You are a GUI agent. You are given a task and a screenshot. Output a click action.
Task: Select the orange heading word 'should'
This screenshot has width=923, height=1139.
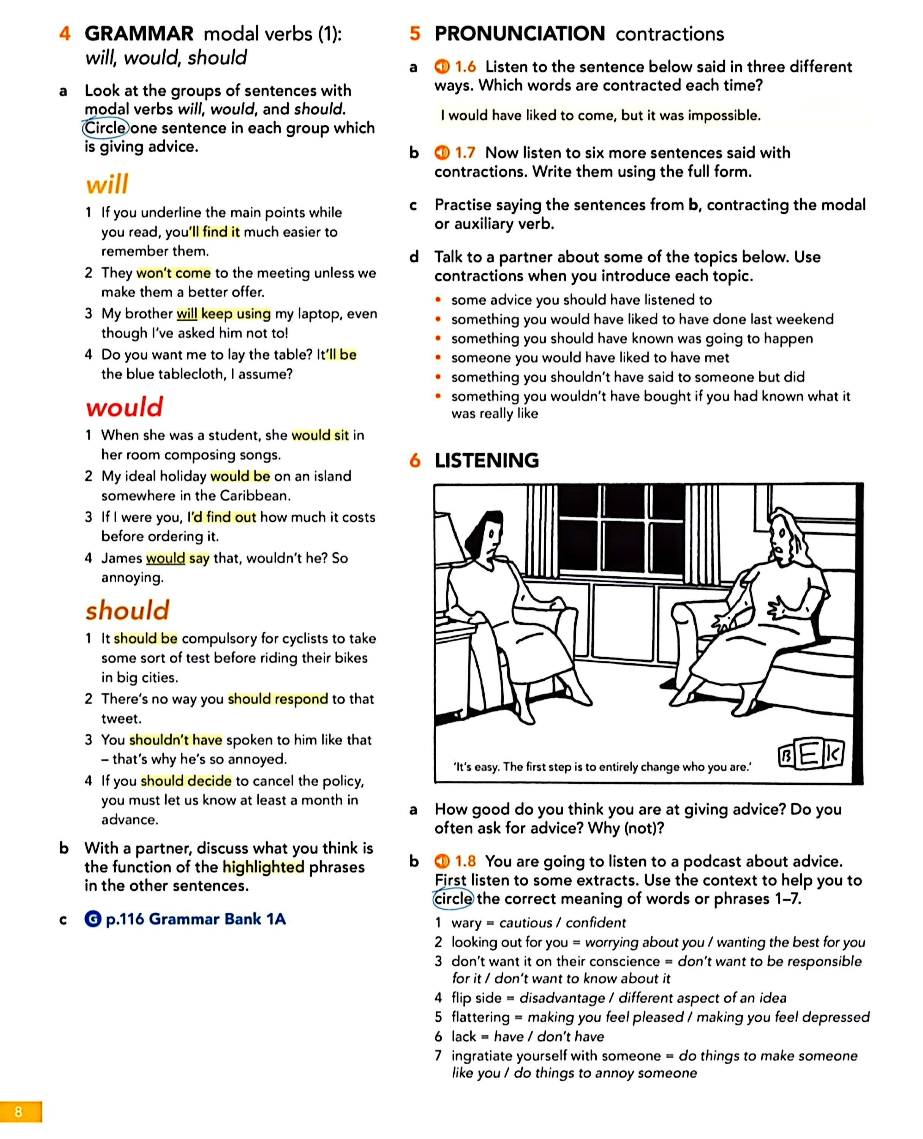[x=128, y=610]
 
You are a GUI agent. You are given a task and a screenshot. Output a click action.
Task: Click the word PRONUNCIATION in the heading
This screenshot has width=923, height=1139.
[x=520, y=33]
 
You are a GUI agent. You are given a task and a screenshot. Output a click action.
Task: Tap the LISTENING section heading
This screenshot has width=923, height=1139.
[x=487, y=460]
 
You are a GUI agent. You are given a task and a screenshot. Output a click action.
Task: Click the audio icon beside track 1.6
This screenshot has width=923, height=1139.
[x=442, y=66]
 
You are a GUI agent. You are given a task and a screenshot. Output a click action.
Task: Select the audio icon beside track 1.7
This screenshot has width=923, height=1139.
[x=442, y=153]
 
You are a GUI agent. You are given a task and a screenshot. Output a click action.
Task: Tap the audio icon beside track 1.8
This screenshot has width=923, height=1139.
[x=442, y=861]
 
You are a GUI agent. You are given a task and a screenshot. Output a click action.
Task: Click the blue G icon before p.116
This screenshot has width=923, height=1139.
[x=93, y=919]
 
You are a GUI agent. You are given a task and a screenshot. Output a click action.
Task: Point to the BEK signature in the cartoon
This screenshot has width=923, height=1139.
[x=810, y=755]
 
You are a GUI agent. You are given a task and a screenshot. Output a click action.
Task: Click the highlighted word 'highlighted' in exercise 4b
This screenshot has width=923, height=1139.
[x=263, y=867]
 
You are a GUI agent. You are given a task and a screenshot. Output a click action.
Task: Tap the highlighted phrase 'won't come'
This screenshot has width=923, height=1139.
[x=173, y=273]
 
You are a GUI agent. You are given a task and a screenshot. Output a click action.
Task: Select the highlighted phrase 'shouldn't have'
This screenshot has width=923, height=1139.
[x=175, y=740]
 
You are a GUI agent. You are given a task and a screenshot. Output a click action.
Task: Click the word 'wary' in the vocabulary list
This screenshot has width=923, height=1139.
[x=466, y=923]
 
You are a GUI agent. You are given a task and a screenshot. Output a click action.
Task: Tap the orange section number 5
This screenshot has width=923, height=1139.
[x=415, y=33]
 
